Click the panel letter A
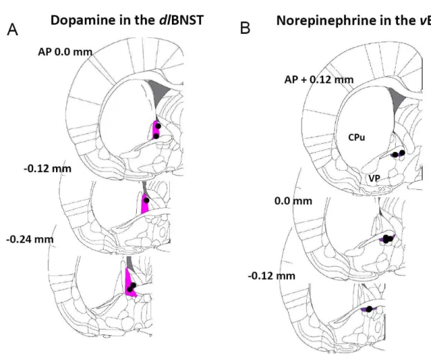(x=12, y=30)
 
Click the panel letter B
(x=245, y=28)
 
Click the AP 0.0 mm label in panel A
(x=65, y=52)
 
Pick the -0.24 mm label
(x=30, y=239)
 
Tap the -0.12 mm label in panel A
(x=48, y=169)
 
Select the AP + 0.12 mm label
(x=319, y=79)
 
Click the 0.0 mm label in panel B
(x=294, y=201)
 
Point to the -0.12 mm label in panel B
(x=271, y=276)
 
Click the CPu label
(x=356, y=138)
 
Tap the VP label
(x=374, y=178)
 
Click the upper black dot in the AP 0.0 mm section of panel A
(x=158, y=126)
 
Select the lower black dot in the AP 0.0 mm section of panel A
(x=156, y=136)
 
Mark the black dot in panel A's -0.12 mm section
(x=146, y=200)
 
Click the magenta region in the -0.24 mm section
(x=128, y=281)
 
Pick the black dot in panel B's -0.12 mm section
(x=369, y=309)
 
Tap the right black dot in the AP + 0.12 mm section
(x=402, y=153)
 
